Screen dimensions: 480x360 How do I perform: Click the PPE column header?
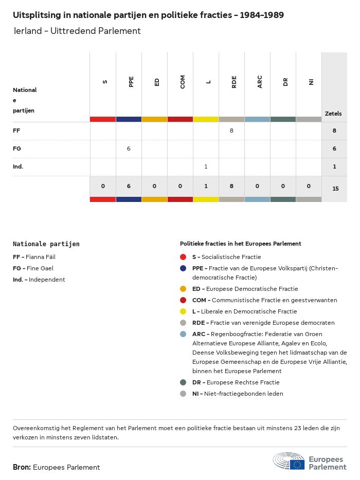(131, 81)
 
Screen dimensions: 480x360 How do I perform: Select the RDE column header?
(234, 81)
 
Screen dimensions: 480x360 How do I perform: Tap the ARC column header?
(260, 81)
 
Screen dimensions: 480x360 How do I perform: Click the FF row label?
(16, 131)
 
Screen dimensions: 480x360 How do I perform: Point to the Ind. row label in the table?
(18, 167)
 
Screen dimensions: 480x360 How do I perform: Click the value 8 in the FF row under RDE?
(231, 131)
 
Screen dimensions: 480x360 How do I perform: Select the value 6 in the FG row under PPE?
(129, 149)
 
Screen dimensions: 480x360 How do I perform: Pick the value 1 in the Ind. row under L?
(206, 167)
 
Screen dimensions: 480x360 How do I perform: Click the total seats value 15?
(335, 189)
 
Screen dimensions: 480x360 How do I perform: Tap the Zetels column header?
(333, 114)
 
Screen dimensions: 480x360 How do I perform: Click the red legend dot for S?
(183, 257)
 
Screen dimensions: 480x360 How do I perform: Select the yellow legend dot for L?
(183, 311)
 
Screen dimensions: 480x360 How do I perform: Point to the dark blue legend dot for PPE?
(183, 268)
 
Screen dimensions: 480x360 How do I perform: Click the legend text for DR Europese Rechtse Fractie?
(236, 382)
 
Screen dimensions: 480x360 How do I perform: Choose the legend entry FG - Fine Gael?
(33, 268)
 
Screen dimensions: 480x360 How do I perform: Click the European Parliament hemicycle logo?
(289, 461)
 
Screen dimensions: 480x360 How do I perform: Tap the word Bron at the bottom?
(22, 467)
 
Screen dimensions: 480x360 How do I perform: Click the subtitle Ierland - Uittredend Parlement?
(77, 31)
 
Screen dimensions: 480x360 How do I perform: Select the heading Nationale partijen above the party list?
(46, 244)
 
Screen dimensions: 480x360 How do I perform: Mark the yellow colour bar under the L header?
(206, 119)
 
